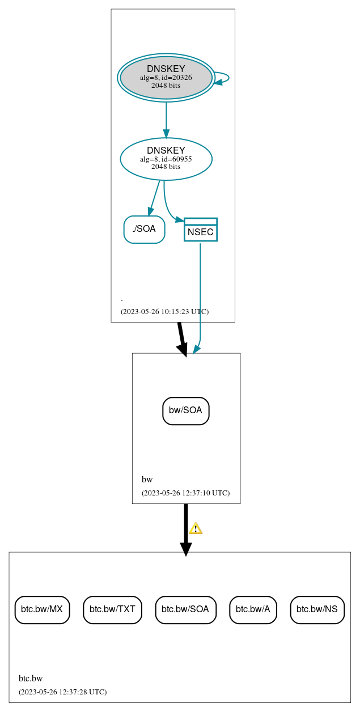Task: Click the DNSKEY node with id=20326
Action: coord(166,78)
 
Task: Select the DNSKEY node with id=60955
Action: coord(166,159)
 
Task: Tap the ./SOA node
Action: coord(144,229)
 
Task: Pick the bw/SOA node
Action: coord(186,410)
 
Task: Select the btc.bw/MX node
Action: coord(42,609)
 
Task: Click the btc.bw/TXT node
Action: coord(112,609)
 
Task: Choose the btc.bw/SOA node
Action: coord(185,609)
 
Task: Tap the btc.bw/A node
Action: coord(253,609)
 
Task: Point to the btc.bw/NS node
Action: coord(317,609)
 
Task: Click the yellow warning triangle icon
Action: coord(196,528)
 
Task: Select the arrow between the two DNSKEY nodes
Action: coord(166,120)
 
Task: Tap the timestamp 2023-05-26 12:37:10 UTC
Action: coord(185,493)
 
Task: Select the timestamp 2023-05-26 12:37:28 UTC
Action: coord(62,692)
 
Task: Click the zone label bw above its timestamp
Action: coord(147,480)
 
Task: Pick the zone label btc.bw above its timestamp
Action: coord(31,679)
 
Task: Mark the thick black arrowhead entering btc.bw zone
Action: coord(185,549)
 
